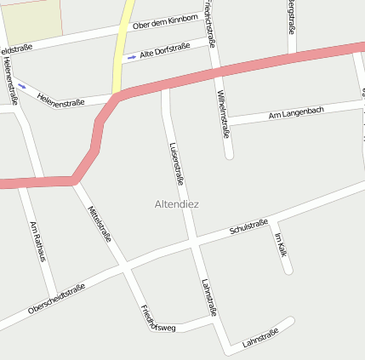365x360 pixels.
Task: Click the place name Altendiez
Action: pyautogui.click(x=177, y=204)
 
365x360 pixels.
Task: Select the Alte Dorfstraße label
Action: pyautogui.click(x=165, y=52)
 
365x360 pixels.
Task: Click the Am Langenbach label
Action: pyautogui.click(x=295, y=112)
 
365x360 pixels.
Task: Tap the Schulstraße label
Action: pyautogui.click(x=248, y=226)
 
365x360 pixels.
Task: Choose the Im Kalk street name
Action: pyautogui.click(x=281, y=243)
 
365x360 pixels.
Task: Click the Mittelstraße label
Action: pyautogui.click(x=100, y=222)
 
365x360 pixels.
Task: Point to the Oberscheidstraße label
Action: pyautogui.click(x=56, y=298)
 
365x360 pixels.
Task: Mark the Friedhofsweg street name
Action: pyautogui.click(x=157, y=317)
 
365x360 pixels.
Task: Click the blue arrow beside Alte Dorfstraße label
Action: pyautogui.click(x=131, y=58)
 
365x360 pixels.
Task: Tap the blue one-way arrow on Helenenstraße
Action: pyautogui.click(x=21, y=85)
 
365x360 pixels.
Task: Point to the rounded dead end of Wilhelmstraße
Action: pyautogui.click(x=229, y=155)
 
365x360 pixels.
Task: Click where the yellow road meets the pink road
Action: pyautogui.click(x=117, y=95)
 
